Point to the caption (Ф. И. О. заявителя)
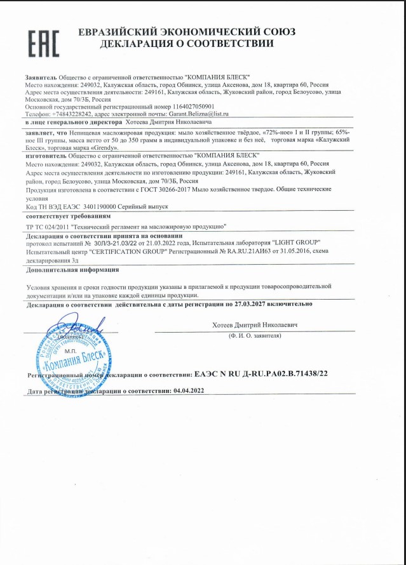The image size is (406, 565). [x=254, y=334]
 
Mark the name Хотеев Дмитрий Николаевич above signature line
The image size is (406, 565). [x=255, y=324]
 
